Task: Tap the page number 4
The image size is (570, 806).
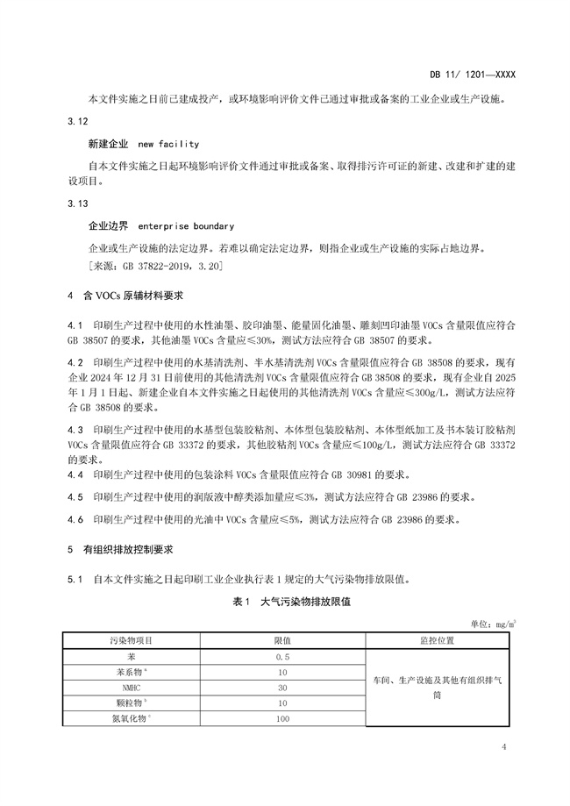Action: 504,746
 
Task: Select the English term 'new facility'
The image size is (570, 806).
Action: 168,143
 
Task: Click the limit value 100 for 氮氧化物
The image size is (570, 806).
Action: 282,719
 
